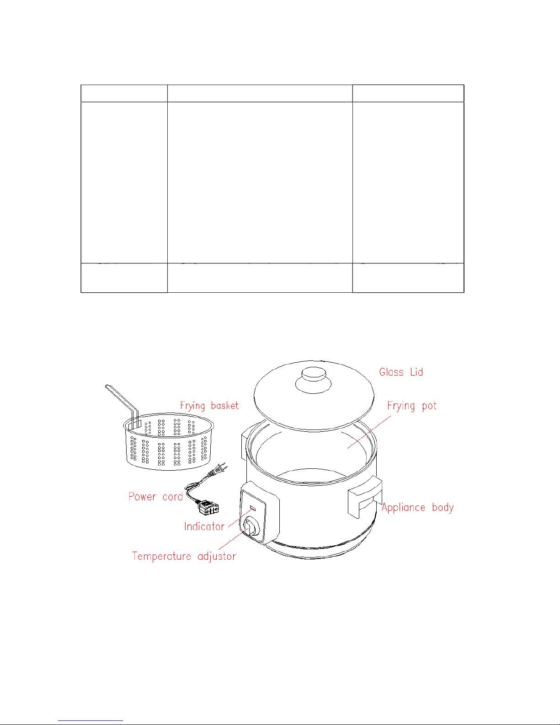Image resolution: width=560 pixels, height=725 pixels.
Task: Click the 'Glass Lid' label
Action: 401,372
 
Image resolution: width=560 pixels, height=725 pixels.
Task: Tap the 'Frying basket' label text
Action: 209,406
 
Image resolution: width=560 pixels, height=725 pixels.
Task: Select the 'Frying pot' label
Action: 412,406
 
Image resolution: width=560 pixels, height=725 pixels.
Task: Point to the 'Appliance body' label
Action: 418,507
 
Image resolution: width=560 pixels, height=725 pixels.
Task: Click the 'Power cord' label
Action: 156,497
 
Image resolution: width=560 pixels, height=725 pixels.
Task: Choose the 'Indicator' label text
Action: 204,526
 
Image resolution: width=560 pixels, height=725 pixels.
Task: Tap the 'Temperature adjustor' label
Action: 184,556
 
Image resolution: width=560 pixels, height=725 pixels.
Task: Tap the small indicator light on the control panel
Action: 253,508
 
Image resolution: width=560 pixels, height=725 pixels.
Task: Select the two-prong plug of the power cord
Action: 218,470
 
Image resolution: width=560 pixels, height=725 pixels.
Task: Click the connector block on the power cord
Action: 208,507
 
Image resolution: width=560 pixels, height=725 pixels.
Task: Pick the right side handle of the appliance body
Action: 365,497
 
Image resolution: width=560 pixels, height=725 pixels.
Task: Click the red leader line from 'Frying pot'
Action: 369,432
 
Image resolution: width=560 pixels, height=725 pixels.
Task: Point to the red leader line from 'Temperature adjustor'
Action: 233,539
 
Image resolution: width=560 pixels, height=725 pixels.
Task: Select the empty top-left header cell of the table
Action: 124,93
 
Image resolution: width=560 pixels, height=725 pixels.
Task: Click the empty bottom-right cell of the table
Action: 408,278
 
